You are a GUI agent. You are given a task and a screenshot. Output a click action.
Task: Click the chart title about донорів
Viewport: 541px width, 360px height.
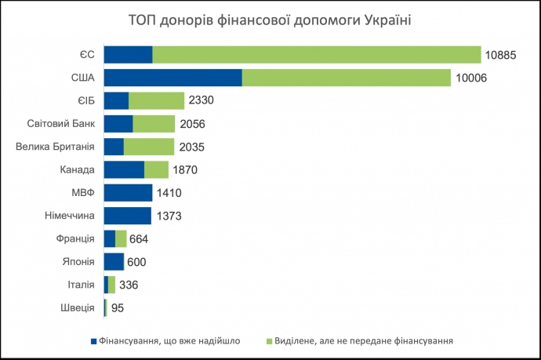tap(270, 19)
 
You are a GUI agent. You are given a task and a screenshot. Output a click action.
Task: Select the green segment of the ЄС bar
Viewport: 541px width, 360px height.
tap(316, 54)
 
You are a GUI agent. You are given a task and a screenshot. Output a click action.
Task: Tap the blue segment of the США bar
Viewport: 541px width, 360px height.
tap(172, 78)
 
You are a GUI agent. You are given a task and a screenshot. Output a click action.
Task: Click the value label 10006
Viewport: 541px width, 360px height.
tap(473, 78)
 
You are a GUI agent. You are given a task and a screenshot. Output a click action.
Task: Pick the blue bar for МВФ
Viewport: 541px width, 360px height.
tap(128, 193)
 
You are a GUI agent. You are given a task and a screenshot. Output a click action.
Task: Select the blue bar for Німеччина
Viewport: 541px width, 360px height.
tap(127, 216)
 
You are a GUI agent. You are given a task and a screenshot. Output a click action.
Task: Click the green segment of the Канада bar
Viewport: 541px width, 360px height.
tap(156, 169)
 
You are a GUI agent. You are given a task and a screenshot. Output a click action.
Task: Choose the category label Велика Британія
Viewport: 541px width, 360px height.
tap(56, 147)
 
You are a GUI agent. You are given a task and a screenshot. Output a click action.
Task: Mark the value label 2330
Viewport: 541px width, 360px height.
tap(202, 100)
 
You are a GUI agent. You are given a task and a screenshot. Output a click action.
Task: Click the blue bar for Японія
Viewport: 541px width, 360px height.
tap(114, 262)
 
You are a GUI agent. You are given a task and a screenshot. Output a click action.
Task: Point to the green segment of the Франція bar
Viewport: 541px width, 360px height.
tap(121, 239)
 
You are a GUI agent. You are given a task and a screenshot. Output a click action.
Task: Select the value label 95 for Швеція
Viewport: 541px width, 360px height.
tap(118, 308)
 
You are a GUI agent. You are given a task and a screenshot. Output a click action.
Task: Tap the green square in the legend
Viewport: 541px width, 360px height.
tap(268, 341)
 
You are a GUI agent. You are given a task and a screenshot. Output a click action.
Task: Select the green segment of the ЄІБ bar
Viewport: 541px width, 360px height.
tap(156, 100)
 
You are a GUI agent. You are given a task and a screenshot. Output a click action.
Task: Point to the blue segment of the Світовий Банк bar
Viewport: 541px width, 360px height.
tap(118, 123)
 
